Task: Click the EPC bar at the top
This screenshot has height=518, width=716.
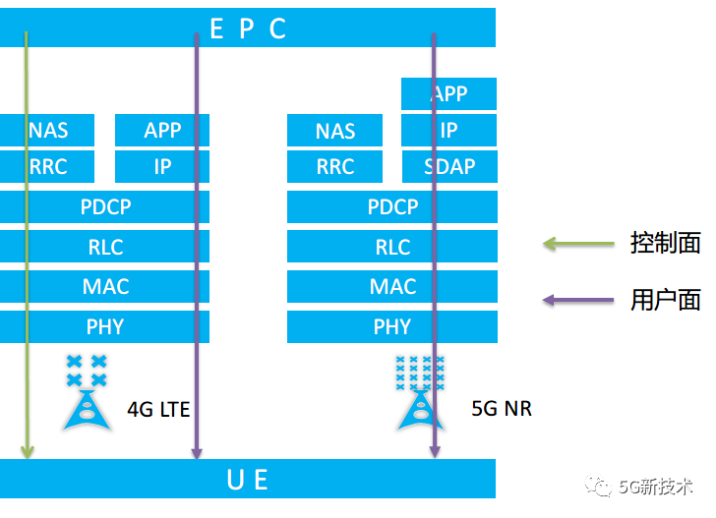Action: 248,29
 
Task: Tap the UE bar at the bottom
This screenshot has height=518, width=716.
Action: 248,480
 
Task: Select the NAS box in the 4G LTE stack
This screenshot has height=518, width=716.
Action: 47,131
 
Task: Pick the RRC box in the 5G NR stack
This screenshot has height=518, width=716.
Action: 335,167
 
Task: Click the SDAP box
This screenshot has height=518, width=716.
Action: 449,167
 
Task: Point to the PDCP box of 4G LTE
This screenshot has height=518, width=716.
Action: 104,207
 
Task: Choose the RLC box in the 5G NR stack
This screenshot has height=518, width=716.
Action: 391,248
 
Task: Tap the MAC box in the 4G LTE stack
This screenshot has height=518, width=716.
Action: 104,287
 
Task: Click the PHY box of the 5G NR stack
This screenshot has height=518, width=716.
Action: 391,327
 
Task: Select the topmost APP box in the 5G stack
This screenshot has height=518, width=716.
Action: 449,94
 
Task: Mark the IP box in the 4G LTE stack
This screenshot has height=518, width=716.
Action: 162,167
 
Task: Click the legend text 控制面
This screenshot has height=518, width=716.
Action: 665,243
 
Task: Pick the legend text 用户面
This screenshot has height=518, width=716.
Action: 665,300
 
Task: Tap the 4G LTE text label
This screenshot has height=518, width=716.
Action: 158,408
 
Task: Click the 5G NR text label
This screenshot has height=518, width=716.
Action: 502,408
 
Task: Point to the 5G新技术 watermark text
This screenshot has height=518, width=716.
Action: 656,487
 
